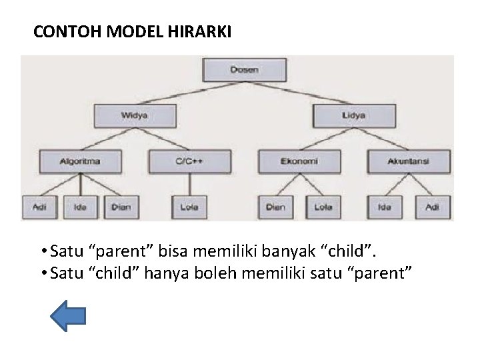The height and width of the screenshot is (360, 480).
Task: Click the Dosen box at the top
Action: pyautogui.click(x=245, y=70)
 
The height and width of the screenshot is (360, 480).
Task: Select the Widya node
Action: pyautogui.click(x=135, y=115)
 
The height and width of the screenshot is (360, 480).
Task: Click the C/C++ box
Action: pyautogui.click(x=190, y=161)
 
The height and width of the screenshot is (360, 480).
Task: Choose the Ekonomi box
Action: pyautogui.click(x=298, y=161)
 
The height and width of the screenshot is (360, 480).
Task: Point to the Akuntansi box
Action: pyautogui.click(x=409, y=161)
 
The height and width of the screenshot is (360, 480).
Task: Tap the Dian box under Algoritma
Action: pyautogui.click(x=121, y=207)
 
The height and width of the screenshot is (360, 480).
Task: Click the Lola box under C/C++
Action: pyautogui.click(x=189, y=207)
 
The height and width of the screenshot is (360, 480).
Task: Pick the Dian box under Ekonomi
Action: pyautogui.click(x=275, y=207)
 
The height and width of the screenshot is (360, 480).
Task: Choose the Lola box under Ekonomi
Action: pyautogui.click(x=323, y=207)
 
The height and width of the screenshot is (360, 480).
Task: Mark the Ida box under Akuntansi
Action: pyautogui.click(x=385, y=207)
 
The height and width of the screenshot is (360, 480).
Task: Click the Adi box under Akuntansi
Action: pyautogui.click(x=432, y=207)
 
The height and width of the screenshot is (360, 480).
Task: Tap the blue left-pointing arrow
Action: pyautogui.click(x=69, y=315)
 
